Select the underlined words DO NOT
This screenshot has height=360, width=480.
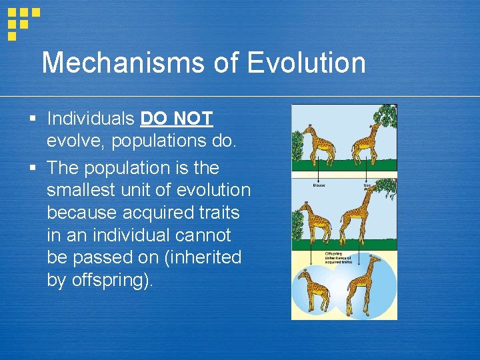tap(177, 119)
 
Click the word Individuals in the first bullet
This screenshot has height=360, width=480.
tap(91, 119)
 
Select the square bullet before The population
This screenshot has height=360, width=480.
tap(32, 167)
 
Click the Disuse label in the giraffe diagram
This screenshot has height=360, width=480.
tap(320, 185)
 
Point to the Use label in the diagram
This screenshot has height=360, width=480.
tap(367, 185)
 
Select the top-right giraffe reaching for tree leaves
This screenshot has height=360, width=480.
tap(367, 140)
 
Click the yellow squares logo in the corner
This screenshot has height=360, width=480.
tap(22, 21)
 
